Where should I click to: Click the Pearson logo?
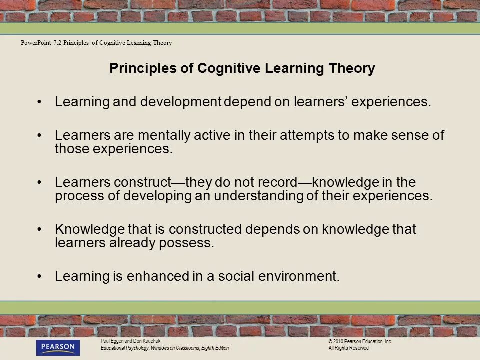[x=58, y=347]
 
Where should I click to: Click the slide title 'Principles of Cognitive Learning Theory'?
[x=242, y=68]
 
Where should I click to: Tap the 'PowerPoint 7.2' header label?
[x=41, y=43]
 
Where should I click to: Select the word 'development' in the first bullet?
[x=180, y=102]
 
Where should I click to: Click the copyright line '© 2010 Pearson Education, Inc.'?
[x=360, y=341]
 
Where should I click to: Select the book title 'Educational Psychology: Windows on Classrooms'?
[x=150, y=348]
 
